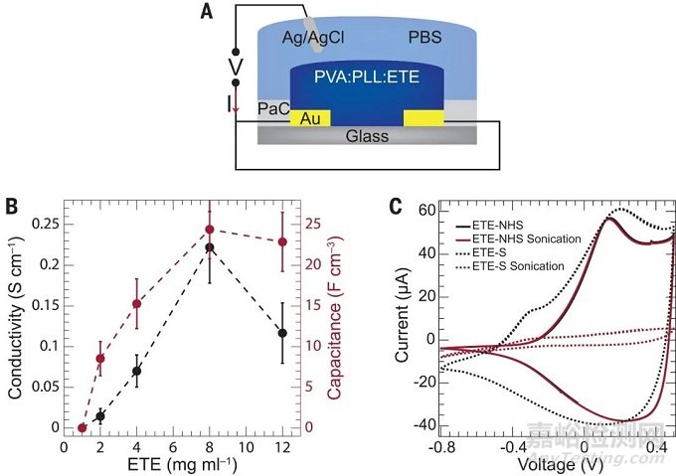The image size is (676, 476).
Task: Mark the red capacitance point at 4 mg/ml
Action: [x=136, y=304]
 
